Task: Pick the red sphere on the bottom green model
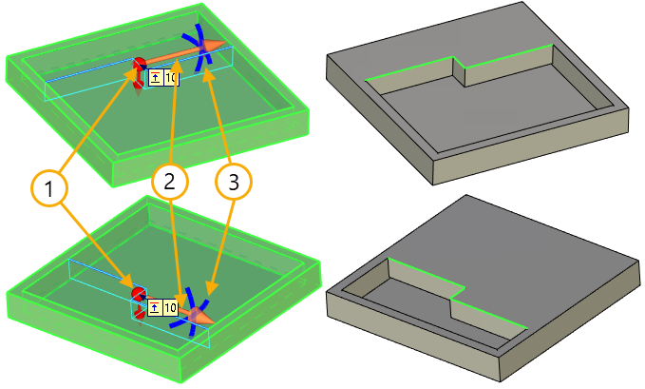[138, 292]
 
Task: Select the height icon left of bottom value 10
[156, 307]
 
